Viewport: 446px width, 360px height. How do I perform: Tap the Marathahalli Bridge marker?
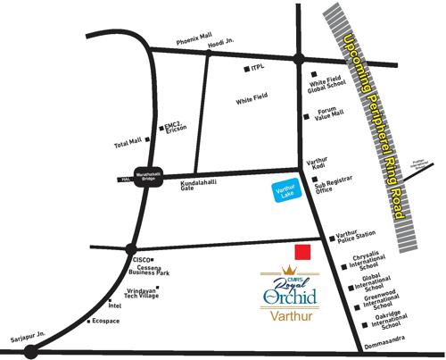coord(147,176)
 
